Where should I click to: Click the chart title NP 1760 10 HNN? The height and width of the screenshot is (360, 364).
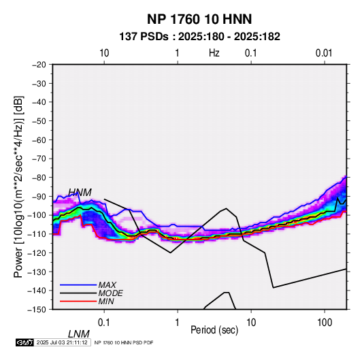(x=199, y=19)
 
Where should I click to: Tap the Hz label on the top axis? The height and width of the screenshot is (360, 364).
(x=214, y=53)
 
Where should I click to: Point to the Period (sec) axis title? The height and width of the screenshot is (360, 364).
(x=214, y=330)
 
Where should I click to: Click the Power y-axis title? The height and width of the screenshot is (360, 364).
(x=18, y=187)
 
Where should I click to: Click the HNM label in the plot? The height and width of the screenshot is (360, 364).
(x=80, y=193)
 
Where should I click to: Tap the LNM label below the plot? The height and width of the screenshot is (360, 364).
(x=79, y=334)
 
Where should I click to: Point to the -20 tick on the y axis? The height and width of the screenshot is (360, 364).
(x=39, y=65)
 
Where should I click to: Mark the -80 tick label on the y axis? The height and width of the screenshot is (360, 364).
(x=39, y=178)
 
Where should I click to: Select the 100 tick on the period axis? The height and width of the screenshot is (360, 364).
(x=325, y=323)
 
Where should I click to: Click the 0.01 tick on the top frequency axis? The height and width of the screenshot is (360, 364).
(x=324, y=53)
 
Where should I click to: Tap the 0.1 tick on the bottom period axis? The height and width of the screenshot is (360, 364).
(x=103, y=323)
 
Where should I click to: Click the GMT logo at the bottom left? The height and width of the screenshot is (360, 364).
(x=25, y=342)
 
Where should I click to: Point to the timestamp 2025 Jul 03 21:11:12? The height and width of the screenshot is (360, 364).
(x=62, y=342)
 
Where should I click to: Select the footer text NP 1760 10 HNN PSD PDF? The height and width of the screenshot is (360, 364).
(x=124, y=342)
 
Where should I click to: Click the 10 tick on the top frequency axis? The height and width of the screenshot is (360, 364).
(x=104, y=53)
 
